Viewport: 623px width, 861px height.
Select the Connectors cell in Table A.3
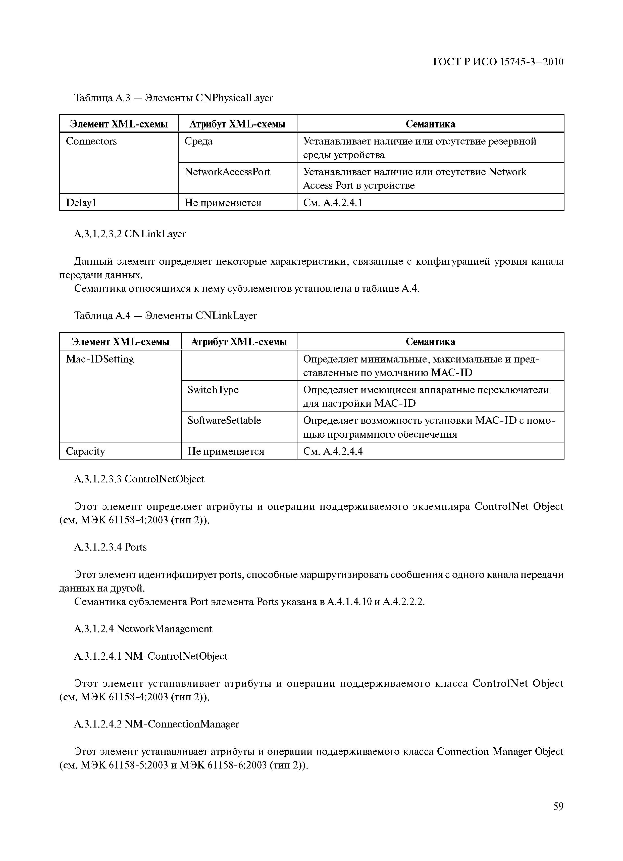(91, 141)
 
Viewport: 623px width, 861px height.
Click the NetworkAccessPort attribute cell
(227, 172)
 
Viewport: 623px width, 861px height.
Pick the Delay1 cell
(81, 203)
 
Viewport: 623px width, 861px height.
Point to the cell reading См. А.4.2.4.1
(332, 203)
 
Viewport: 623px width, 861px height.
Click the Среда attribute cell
(198, 141)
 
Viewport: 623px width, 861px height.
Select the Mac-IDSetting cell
(100, 359)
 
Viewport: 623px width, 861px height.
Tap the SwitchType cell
(213, 390)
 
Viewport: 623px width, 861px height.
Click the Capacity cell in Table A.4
(85, 451)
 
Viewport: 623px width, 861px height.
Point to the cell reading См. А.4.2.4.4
(332, 451)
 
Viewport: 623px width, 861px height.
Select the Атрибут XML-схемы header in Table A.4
(239, 342)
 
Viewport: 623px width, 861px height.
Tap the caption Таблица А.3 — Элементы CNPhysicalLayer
(173, 98)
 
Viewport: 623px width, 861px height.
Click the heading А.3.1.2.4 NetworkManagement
(143, 629)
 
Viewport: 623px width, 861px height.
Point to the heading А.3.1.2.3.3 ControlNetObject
(139, 479)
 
